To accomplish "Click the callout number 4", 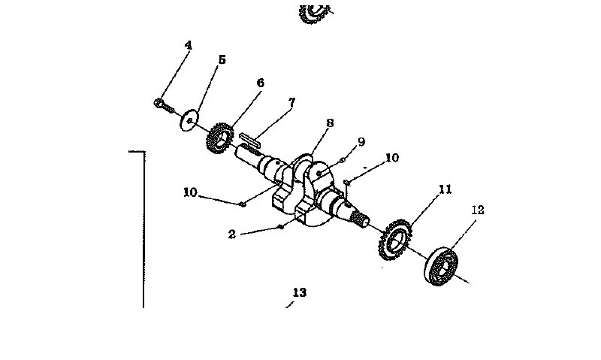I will pyautogui.click(x=188, y=45).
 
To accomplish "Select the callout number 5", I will pyautogui.click(x=222, y=59).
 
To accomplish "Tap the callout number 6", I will pyautogui.click(x=260, y=83).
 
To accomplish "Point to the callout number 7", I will pyautogui.click(x=291, y=101).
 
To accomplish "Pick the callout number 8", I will pyautogui.click(x=330, y=123).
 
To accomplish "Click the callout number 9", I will pyautogui.click(x=361, y=141).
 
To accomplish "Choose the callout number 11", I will pyautogui.click(x=445, y=189).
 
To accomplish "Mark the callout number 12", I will pyautogui.click(x=479, y=210).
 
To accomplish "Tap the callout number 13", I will pyautogui.click(x=300, y=292).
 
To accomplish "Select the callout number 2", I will pyautogui.click(x=232, y=234).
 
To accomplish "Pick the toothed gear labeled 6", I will pyautogui.click(x=219, y=138).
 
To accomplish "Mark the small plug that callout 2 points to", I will pyautogui.click(x=280, y=225).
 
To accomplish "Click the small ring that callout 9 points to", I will pyautogui.click(x=342, y=159).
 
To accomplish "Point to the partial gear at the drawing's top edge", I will pyautogui.click(x=314, y=11).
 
